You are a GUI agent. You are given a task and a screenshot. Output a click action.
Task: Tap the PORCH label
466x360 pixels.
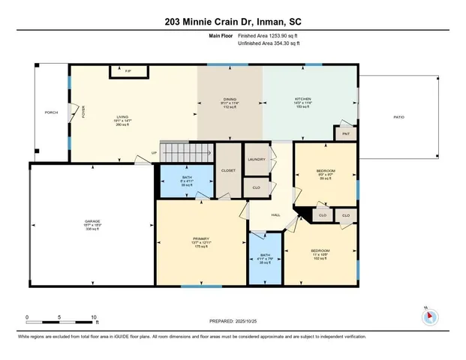coord(51,113)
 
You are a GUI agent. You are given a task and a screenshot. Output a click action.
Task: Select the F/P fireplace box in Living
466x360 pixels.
coord(128,71)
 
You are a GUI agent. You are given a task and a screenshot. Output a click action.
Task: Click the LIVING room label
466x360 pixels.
coord(122,116)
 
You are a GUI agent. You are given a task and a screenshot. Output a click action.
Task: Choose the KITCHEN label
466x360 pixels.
coord(302,99)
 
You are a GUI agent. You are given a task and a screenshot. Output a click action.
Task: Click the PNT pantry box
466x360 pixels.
coord(346,133)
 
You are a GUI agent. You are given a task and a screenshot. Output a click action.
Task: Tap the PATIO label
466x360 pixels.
coord(398,116)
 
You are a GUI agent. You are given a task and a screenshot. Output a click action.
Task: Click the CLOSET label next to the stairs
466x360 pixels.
coord(228,170)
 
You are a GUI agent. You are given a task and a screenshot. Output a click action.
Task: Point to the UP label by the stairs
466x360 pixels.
coord(155,152)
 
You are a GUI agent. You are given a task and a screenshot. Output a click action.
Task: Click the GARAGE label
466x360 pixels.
coord(92,222)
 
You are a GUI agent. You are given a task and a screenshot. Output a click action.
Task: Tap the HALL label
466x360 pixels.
coord(275,214)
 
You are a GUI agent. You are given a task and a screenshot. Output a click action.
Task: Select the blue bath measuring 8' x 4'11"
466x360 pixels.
coord(187,181)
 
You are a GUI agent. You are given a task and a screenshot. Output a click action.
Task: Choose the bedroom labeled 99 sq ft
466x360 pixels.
coord(326,174)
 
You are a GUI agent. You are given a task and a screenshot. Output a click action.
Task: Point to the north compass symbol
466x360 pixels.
coord(429,315)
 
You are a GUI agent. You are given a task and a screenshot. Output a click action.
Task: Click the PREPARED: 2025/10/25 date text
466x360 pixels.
coord(233,320)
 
